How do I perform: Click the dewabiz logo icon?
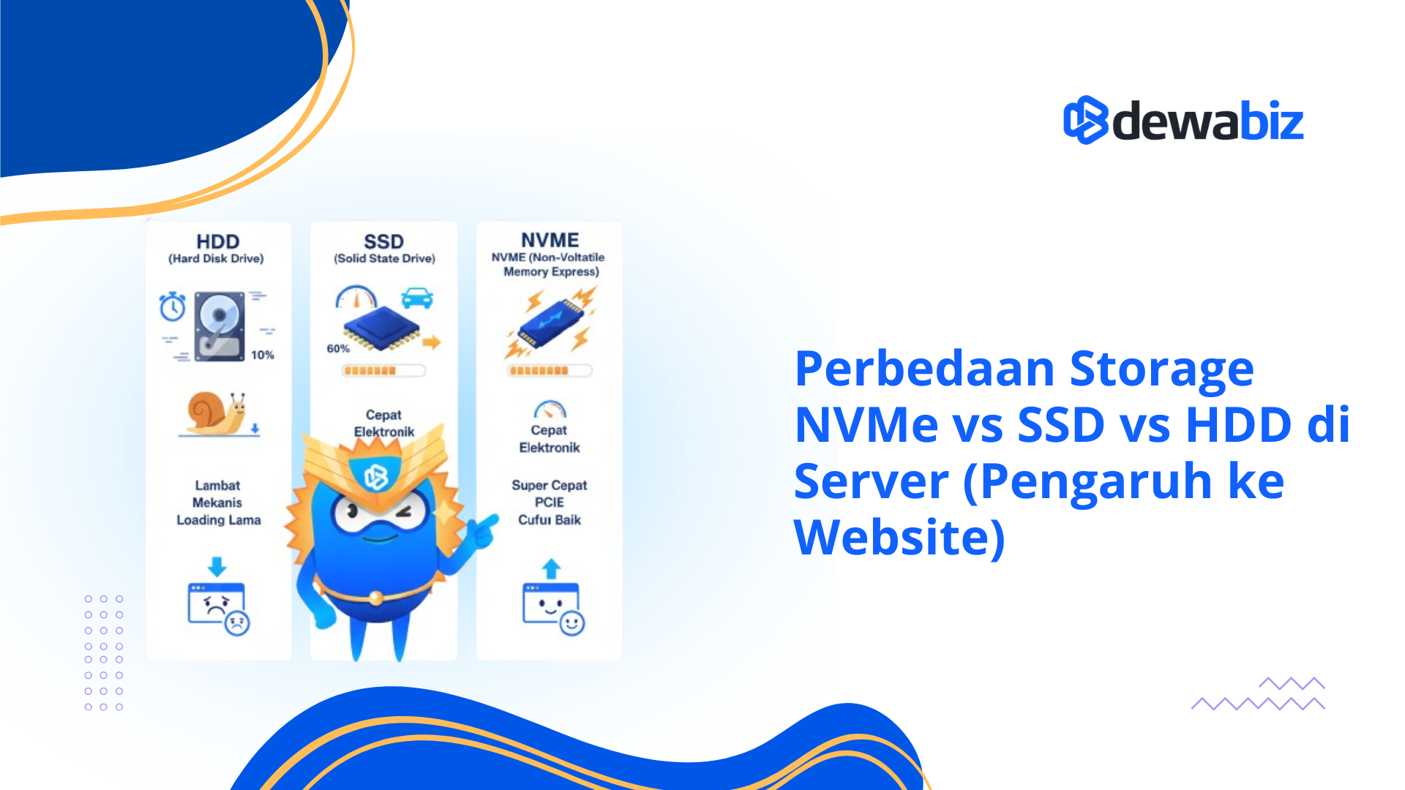click(1086, 120)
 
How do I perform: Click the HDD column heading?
click(217, 241)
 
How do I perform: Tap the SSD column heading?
click(383, 241)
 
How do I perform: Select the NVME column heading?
click(550, 240)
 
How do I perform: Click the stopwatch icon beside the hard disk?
click(173, 306)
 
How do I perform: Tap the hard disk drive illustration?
click(220, 326)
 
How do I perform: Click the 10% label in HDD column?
click(262, 355)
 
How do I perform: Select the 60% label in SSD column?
click(338, 348)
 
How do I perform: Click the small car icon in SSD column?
click(417, 298)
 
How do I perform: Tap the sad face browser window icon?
click(218, 608)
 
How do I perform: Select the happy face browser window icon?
click(552, 608)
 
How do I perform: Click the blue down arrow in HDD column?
click(217, 566)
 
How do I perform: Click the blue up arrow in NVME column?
click(551, 568)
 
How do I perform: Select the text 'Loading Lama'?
click(218, 520)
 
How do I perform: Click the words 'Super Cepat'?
click(549, 485)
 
